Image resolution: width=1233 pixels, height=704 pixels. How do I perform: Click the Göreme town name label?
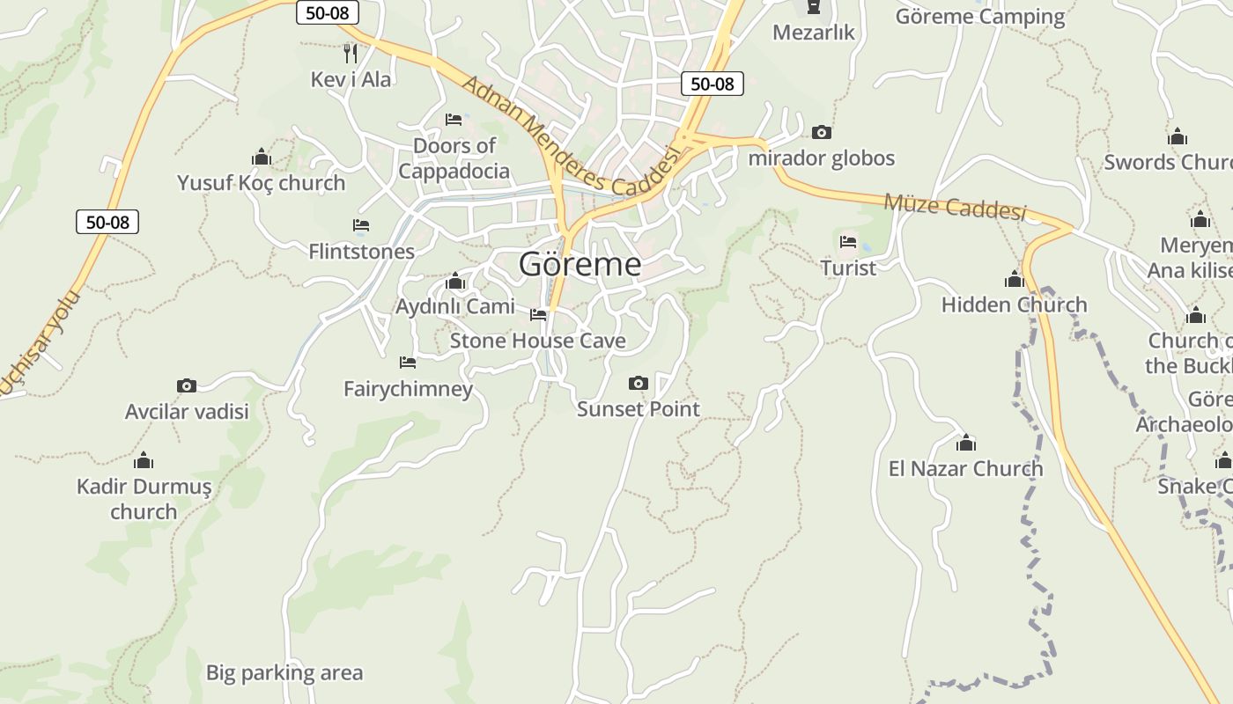point(580,264)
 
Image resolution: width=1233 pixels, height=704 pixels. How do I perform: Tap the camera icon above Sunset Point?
point(639,383)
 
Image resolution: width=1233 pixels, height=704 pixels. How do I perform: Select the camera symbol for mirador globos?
point(822,132)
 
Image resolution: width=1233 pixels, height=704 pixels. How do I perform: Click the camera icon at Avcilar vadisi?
point(187,385)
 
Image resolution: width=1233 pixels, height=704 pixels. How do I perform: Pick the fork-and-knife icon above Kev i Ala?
point(351,53)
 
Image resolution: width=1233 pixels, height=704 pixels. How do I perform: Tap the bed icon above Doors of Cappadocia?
point(454,119)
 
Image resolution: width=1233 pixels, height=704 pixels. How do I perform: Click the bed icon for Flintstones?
point(361,225)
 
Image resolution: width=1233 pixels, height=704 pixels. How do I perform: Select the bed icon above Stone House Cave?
point(538,314)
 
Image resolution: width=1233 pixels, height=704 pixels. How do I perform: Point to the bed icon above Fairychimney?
point(408,362)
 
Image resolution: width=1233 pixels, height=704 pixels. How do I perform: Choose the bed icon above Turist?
point(848,241)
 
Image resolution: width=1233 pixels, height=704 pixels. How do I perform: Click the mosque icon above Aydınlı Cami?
point(455,281)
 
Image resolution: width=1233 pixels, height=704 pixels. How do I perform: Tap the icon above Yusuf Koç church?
point(261,157)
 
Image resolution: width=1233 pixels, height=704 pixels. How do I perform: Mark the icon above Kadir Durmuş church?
point(144,460)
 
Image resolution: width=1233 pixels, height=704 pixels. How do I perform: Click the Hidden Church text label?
point(1014,305)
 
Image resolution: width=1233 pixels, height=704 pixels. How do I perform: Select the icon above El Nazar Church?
point(966,443)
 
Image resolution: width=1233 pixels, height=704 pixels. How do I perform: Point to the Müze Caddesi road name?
point(956,207)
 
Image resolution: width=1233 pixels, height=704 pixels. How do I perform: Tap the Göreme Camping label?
point(980,17)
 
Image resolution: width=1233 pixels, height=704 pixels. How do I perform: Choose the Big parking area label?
point(284,673)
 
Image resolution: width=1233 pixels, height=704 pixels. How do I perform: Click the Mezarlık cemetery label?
point(814,33)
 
